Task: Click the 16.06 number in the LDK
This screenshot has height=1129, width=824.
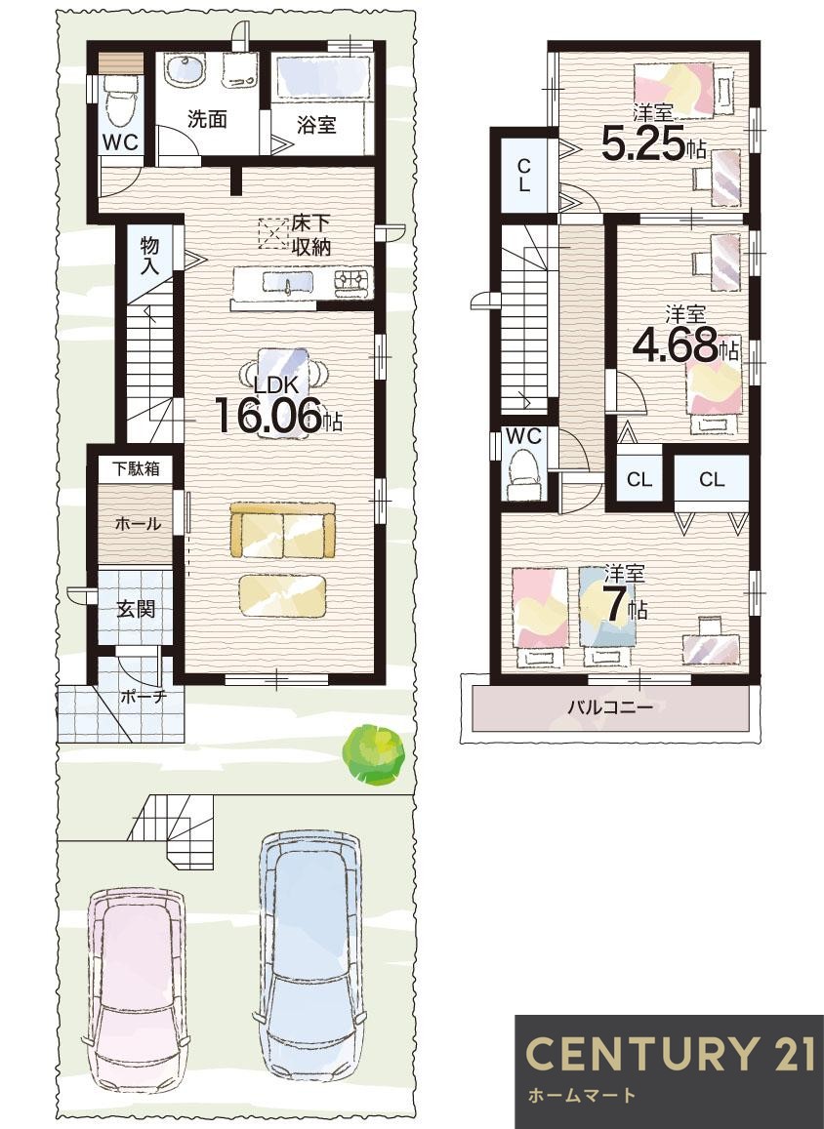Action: (268, 416)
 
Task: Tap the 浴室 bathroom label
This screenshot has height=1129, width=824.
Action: (316, 125)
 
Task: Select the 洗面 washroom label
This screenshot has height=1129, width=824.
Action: (207, 119)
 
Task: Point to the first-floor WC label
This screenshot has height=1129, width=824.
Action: (119, 142)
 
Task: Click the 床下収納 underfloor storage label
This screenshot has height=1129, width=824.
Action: (311, 235)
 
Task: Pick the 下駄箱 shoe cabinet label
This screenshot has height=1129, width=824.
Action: (136, 468)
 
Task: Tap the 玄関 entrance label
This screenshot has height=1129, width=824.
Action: (136, 609)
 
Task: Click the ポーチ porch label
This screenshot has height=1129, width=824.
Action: (144, 697)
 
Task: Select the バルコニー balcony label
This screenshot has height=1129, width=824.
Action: (611, 707)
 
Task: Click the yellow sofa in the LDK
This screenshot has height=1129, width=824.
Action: (283, 530)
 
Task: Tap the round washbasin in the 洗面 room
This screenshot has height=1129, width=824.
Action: (185, 71)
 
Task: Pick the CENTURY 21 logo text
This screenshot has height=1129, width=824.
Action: (670, 1054)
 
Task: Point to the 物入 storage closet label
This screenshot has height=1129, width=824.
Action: (149, 256)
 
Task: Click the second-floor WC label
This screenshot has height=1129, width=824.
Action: (523, 436)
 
